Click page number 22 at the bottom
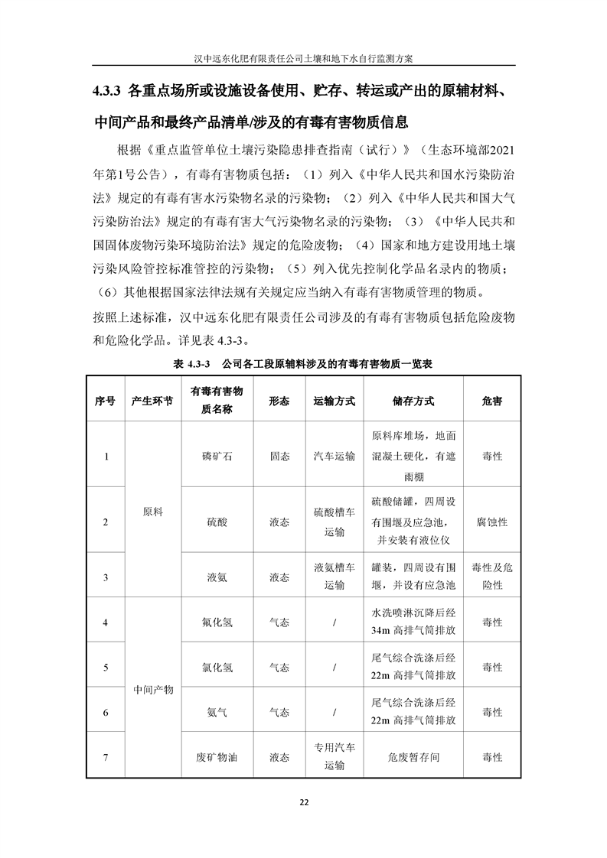(x=303, y=802)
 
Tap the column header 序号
(x=105, y=401)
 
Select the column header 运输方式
(x=335, y=401)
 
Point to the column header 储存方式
(x=413, y=401)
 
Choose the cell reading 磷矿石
(x=216, y=457)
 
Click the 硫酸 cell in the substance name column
(x=216, y=522)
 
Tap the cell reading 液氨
(x=216, y=577)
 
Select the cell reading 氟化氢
(x=216, y=622)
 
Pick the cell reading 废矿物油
(x=216, y=757)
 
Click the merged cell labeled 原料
(x=153, y=512)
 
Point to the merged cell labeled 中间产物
(x=153, y=690)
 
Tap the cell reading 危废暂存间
(x=413, y=757)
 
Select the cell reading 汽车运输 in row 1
(x=335, y=457)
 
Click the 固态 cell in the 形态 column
(x=279, y=457)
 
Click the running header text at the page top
(x=303, y=57)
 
